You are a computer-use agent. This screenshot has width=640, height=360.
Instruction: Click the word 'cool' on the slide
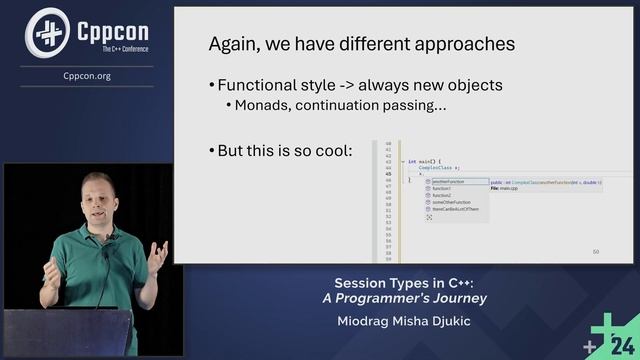pos(334,151)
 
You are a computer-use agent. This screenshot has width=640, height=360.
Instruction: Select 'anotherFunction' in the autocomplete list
pos(446,182)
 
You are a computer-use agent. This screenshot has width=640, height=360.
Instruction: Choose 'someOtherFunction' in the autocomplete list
pos(449,202)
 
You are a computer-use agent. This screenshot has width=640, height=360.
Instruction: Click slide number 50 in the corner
pos(596,252)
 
